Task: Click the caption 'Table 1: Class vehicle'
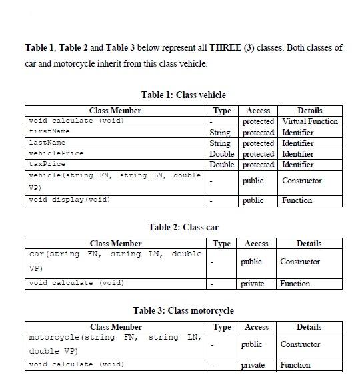coord(183,95)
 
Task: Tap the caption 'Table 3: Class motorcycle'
coord(183,311)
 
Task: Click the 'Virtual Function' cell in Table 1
coord(309,121)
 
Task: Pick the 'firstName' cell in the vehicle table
coord(49,132)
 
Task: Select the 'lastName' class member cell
coord(47,143)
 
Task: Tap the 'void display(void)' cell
coord(69,200)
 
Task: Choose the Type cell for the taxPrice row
coord(221,165)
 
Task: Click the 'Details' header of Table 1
coord(309,111)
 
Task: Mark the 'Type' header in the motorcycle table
coord(221,327)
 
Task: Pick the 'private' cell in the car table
coord(252,284)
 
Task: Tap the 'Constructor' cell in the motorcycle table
coord(300,344)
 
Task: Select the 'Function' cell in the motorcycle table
coord(295,365)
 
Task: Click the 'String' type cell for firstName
coord(220,133)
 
